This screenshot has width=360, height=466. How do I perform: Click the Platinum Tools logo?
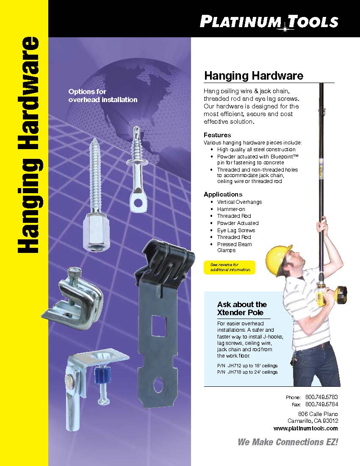coord(269,22)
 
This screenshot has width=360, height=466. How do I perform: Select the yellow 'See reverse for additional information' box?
coord(230,267)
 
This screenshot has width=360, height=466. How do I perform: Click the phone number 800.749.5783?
coord(321,397)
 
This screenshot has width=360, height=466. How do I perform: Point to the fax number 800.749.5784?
coord(321,404)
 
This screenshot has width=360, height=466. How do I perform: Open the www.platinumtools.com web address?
coord(306,428)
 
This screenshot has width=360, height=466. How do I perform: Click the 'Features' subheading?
coord(217,135)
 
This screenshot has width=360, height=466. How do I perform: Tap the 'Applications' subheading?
coord(223,194)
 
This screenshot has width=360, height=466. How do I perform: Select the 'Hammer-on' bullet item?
coord(231,209)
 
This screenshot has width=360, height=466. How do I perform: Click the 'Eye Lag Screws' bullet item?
coord(236,230)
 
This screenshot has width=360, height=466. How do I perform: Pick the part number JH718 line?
coord(247,372)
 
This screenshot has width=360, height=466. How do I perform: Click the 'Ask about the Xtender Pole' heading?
coord(242,308)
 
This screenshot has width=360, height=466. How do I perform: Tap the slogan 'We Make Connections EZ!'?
coord(288,442)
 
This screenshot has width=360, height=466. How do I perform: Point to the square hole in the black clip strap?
coord(159,326)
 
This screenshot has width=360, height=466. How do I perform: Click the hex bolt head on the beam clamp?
coord(74,272)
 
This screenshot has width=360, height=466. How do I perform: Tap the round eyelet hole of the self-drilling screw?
coord(138,203)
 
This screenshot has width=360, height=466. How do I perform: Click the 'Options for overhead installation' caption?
coord(103,96)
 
